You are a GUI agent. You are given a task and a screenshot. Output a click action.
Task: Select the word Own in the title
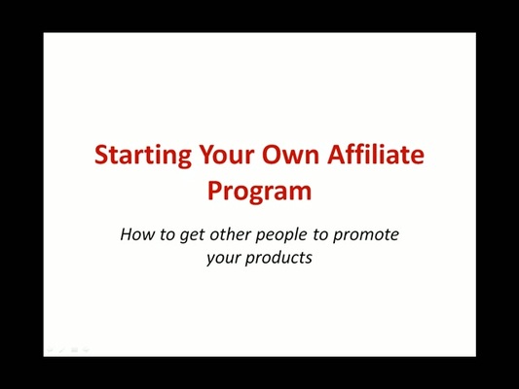pos(291,156)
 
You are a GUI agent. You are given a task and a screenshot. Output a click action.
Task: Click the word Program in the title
pos(259,191)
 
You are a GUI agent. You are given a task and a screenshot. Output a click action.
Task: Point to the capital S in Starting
pos(100,156)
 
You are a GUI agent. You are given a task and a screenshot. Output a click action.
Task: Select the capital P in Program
pos(215,190)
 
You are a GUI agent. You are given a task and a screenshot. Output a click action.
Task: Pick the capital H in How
pos(127,234)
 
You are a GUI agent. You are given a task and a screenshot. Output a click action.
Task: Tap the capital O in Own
pos(273,156)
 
